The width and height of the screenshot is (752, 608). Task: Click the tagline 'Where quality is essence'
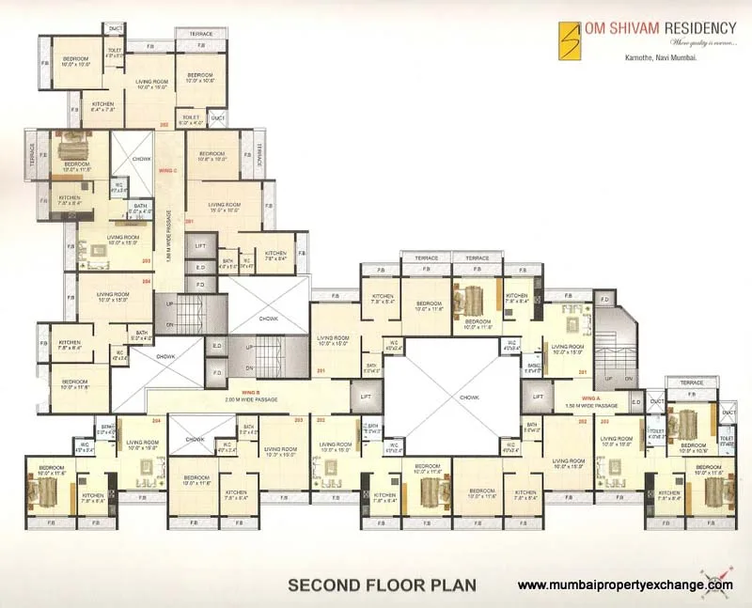tap(701, 43)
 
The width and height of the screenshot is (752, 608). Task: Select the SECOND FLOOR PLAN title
tap(382, 585)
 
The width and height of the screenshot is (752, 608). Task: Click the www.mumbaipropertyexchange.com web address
tap(625, 585)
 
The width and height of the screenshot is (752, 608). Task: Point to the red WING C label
tap(168, 171)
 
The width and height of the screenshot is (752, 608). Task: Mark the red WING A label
tap(590, 398)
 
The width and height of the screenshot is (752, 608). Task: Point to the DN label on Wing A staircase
tap(627, 379)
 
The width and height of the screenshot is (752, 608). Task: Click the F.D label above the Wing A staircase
tap(605, 300)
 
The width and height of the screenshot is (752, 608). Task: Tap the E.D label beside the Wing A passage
tap(636, 403)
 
